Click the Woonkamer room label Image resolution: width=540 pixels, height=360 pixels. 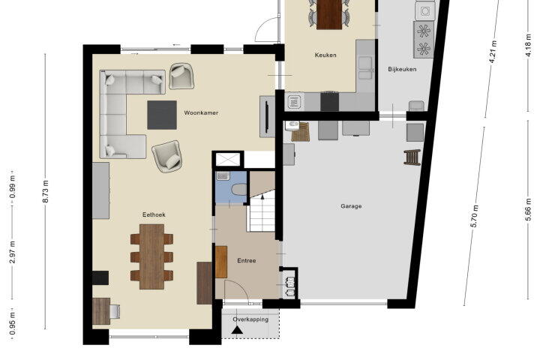tap(201, 112)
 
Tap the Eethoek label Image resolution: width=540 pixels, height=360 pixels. tap(154, 214)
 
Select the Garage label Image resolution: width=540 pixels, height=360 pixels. tap(351, 206)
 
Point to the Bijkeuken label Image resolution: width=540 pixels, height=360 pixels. tap(402, 69)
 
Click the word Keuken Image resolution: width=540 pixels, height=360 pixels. tap(325, 55)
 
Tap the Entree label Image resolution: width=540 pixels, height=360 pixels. tap(247, 260)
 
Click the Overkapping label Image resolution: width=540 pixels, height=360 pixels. tap(250, 319)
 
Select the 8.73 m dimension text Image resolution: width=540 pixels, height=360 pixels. tap(46, 191)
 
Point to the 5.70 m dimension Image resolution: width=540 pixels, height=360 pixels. tap(474, 216)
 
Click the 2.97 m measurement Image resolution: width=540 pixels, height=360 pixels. tap(13, 252)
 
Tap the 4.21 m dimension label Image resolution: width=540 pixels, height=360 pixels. tap(493, 52)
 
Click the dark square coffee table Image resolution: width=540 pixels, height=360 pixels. tap(162, 115)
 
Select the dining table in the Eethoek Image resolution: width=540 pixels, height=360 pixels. tap(151, 256)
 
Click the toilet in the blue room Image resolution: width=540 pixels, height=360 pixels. tap(239, 190)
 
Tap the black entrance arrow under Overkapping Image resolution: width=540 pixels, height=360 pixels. tap(236, 330)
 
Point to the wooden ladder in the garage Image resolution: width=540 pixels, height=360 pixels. tap(412, 157)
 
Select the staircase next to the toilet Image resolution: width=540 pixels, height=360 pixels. tap(262, 210)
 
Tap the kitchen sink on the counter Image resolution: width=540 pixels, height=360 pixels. tap(365, 67)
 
